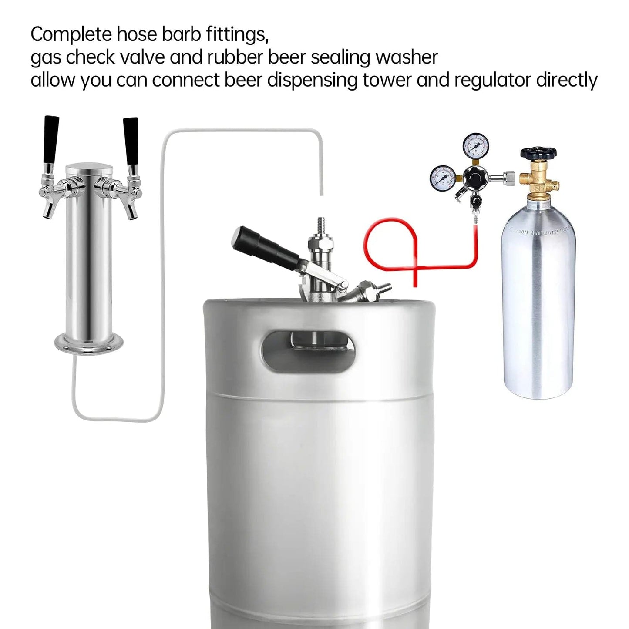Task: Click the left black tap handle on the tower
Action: point(51,140)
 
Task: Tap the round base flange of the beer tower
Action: point(89,344)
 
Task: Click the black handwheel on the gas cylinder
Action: point(538,153)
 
